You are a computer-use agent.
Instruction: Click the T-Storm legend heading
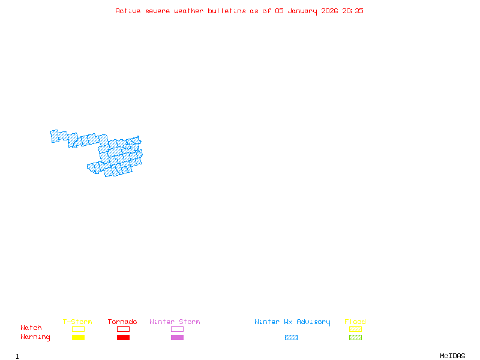(x=77, y=322)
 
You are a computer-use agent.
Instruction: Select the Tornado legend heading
(x=122, y=322)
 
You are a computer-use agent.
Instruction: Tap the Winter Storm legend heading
(x=175, y=322)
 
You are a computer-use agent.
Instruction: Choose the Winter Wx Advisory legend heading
(x=292, y=322)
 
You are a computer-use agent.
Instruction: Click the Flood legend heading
(x=355, y=322)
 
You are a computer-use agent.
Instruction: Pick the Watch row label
(x=31, y=328)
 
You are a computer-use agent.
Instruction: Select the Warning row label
(x=35, y=337)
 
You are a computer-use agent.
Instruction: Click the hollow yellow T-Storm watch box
(x=78, y=329)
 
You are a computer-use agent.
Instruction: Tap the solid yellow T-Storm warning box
(x=78, y=337)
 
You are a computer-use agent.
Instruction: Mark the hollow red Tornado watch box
(x=123, y=329)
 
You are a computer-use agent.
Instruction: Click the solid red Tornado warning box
(x=123, y=337)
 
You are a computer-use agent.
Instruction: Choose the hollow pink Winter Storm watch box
(x=177, y=329)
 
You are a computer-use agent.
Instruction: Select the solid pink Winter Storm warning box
(x=177, y=337)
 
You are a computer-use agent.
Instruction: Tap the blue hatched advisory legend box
(x=291, y=337)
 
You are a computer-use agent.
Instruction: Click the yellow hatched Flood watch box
(x=355, y=329)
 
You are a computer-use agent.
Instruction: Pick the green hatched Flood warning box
(x=355, y=337)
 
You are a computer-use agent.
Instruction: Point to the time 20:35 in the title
(x=353, y=11)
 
